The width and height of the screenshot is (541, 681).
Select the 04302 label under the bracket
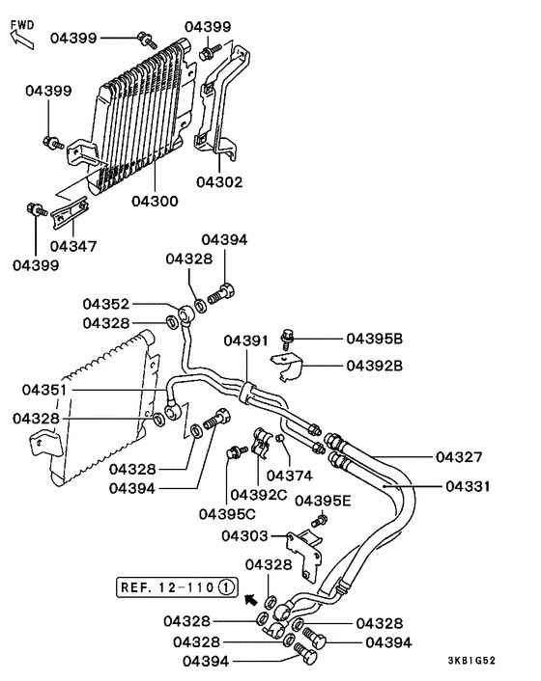pos(219,180)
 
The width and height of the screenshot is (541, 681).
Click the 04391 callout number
pos(247,340)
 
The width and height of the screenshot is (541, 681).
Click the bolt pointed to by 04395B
pos(288,338)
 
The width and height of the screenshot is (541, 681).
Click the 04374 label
pos(289,475)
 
